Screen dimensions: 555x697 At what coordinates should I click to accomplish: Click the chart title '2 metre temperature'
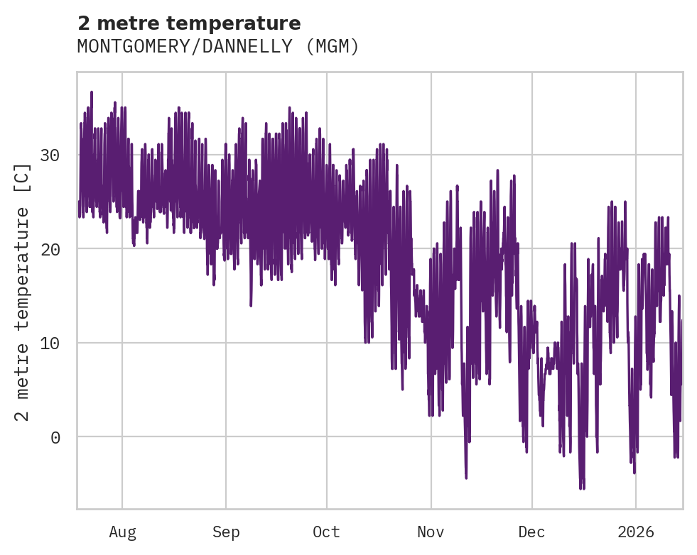[189, 23]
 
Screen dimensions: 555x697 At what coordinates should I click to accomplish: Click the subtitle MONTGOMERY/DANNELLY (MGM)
[218, 47]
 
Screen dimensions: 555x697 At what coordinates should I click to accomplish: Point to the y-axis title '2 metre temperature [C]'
[23, 292]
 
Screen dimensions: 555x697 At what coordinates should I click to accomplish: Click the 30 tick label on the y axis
[50, 155]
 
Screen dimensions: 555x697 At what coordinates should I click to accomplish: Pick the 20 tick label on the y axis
[50, 249]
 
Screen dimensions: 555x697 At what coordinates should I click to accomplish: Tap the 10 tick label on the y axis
[50, 343]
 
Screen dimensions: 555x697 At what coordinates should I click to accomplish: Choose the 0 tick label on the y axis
[55, 437]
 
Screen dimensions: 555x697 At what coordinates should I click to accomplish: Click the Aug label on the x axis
[122, 532]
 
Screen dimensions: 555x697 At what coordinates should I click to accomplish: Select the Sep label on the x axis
[226, 532]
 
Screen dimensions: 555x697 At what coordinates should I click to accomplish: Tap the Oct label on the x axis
[327, 532]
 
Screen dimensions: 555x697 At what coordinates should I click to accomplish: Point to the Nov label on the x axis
[431, 532]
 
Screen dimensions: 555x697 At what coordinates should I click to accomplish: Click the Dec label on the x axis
[531, 532]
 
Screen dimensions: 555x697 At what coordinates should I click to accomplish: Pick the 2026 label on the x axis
[635, 532]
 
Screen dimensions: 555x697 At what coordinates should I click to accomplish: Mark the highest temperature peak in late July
[92, 92]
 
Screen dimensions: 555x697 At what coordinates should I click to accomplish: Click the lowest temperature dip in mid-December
[581, 488]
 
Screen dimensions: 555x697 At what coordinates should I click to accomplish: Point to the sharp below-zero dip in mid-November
[466, 477]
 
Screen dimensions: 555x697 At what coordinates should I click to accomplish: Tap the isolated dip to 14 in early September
[251, 304]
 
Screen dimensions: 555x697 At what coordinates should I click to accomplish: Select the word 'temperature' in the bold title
[244, 23]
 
